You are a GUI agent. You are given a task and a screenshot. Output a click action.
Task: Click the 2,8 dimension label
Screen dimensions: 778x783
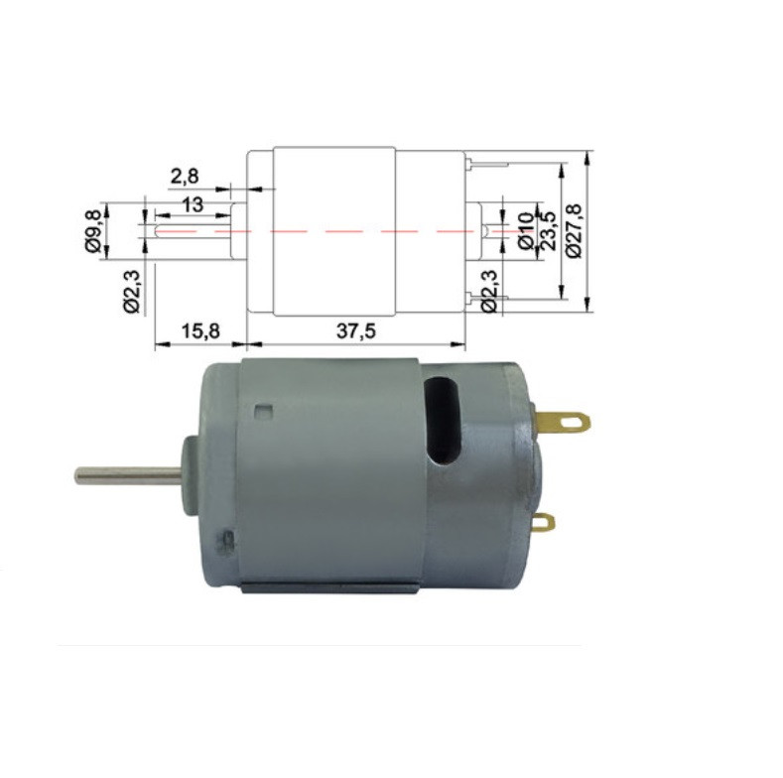pyautogui.click(x=185, y=177)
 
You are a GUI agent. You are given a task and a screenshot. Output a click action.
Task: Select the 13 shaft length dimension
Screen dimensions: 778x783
pyautogui.click(x=192, y=204)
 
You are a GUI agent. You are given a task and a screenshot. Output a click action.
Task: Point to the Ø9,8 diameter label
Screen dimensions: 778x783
pyautogui.click(x=94, y=229)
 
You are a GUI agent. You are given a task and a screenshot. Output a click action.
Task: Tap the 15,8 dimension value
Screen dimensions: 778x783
pyautogui.click(x=201, y=330)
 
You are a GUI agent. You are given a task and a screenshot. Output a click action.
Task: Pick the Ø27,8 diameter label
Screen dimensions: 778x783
pyautogui.click(x=575, y=230)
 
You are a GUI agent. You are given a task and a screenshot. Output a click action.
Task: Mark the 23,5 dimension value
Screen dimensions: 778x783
pyautogui.click(x=545, y=230)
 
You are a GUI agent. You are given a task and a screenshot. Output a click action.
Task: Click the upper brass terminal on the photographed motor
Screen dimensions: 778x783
pyautogui.click(x=565, y=422)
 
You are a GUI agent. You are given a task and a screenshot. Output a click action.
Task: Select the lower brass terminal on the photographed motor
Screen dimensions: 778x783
pyautogui.click(x=543, y=523)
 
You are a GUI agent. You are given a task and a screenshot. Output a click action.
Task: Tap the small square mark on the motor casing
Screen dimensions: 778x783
pyautogui.click(x=262, y=411)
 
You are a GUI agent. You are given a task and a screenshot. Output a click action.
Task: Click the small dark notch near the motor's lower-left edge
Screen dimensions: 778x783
pyautogui.click(x=229, y=542)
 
